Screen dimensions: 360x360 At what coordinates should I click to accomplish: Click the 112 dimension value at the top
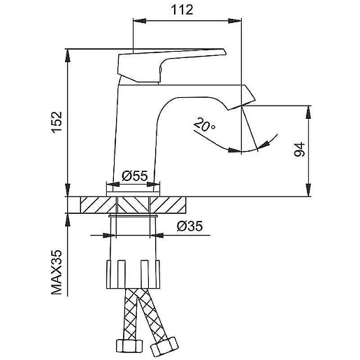click(182, 10)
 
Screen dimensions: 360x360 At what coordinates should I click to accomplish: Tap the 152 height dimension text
click(57, 122)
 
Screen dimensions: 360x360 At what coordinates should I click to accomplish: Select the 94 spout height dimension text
click(299, 150)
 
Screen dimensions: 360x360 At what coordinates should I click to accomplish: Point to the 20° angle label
click(204, 124)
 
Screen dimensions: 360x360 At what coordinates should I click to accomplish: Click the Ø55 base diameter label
click(135, 176)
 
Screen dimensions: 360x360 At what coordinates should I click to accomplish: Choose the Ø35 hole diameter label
click(189, 226)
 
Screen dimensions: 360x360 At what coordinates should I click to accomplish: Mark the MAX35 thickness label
click(57, 273)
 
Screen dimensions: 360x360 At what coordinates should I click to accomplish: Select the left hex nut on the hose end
click(129, 346)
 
